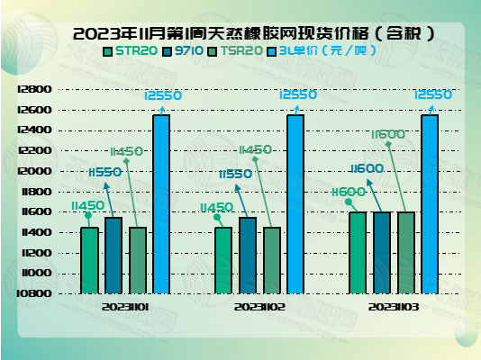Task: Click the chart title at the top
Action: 241,34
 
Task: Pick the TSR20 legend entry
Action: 235,51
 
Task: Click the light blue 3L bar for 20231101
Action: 161,204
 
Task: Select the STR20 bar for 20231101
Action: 89,260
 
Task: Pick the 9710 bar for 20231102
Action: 248,256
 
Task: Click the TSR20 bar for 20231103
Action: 406,253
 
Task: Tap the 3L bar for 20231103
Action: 430,204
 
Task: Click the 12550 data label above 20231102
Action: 297,94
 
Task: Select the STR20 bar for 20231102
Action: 223,260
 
